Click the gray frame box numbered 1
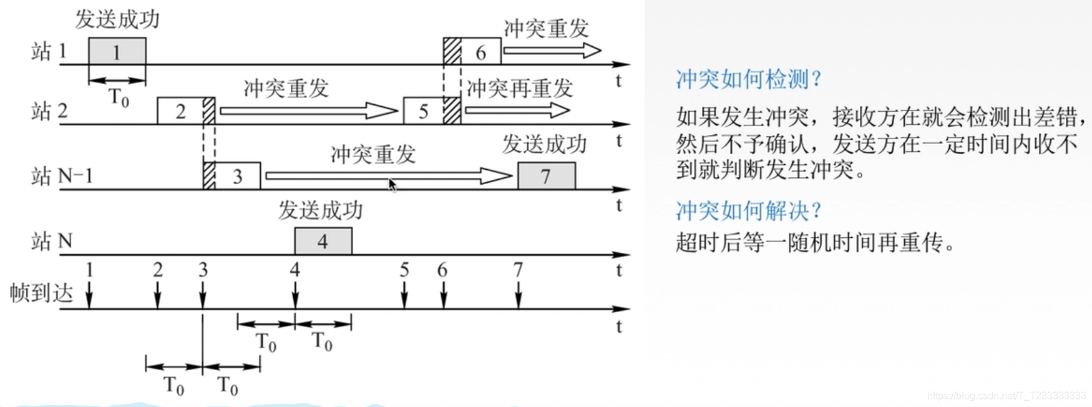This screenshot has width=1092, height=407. point(117,51)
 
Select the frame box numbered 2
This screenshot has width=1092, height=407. point(180,111)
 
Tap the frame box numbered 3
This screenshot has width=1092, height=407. point(237,176)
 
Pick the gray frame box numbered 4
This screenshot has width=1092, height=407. point(323,241)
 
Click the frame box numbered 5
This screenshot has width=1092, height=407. point(423,111)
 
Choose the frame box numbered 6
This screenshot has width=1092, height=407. point(480,52)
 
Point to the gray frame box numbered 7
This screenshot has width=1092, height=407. point(546,176)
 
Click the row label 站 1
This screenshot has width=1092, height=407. point(49,51)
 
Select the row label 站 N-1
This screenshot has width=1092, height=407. point(62,176)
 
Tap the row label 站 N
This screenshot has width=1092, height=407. point(52,241)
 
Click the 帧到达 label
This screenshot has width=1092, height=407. point(41,292)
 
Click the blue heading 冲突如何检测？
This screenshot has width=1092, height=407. point(748,79)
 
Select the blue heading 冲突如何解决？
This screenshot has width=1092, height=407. point(748,211)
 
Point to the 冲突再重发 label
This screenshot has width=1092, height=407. point(519,89)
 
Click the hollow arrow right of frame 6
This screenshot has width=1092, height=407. point(552,51)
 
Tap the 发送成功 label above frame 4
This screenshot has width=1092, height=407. point(320,210)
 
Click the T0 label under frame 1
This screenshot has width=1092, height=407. point(119,97)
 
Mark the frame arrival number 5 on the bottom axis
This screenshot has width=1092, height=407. point(404,270)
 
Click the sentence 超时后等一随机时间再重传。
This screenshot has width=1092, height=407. point(816,242)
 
